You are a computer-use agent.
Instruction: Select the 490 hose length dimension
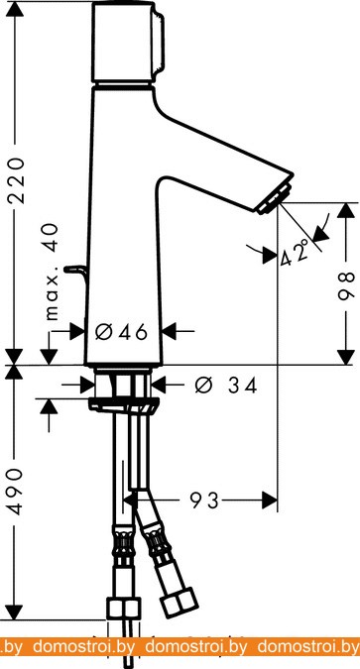point(16,491)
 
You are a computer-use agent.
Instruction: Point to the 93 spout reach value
point(204,501)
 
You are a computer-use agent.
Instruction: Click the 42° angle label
point(295,253)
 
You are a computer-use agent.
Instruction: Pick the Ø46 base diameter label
point(121,332)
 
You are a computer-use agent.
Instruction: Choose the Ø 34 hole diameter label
point(226,386)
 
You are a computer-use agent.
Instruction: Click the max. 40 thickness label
point(52,272)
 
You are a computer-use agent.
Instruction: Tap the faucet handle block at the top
point(128,42)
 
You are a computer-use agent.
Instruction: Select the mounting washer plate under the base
point(124,405)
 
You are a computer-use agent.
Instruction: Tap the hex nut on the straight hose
point(124,608)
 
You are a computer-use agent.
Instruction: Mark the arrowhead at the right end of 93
point(270,501)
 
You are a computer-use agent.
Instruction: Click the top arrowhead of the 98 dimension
point(346,210)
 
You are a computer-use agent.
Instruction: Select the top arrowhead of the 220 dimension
point(15,9)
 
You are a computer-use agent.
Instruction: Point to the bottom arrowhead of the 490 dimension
point(15,613)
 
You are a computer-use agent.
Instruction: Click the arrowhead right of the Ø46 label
point(170,331)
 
